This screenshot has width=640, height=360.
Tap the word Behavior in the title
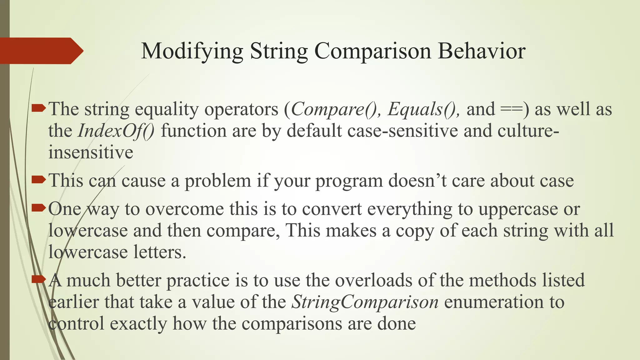coord(481,51)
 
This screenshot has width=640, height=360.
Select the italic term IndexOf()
coord(116,131)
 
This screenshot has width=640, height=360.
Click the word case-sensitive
coord(402,131)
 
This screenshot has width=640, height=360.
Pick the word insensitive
coord(91,152)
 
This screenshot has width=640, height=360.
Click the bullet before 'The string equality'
coord(39,108)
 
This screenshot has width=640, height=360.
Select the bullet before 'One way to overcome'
coord(39,207)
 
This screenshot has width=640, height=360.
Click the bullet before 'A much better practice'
coord(39,279)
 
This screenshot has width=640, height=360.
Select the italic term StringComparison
coord(365,302)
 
